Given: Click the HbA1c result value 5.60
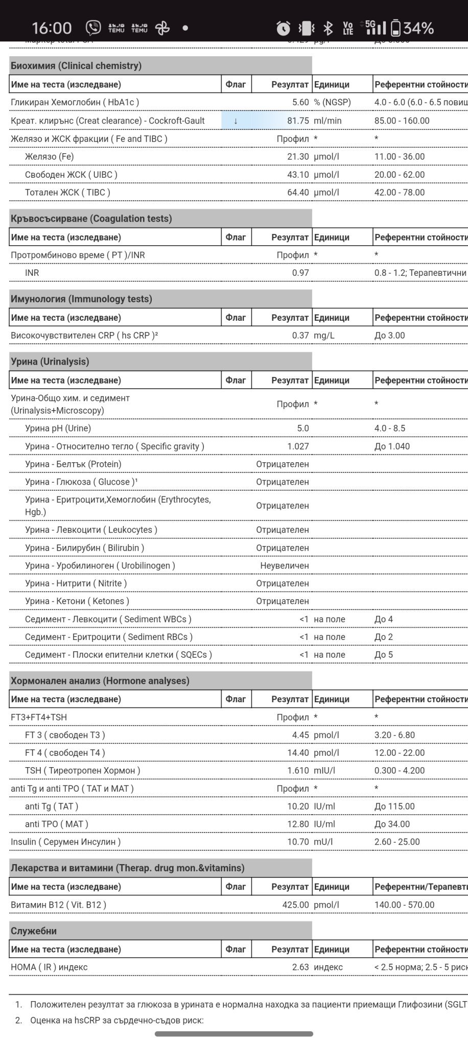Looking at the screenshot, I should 300,102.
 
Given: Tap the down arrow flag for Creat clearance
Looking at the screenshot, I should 236,121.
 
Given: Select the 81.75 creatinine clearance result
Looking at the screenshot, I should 297,121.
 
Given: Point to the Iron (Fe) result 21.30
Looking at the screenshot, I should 298,157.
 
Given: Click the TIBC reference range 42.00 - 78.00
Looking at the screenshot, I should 399,193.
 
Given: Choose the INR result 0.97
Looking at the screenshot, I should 300,273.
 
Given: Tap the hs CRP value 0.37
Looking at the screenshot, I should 300,336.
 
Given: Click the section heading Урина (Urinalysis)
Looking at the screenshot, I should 50,362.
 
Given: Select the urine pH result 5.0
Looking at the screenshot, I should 303,429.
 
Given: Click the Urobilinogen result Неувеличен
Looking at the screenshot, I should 285,566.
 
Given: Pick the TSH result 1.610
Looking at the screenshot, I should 298,771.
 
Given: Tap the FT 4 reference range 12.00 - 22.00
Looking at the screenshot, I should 399,753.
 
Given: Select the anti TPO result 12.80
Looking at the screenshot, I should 298,824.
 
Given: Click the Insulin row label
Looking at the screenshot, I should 65,842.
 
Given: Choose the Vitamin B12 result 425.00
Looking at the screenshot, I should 295,905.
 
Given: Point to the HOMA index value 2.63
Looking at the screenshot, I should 300,967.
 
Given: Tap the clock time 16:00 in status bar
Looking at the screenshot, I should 52,28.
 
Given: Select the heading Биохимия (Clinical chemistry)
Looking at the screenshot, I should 76,65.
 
